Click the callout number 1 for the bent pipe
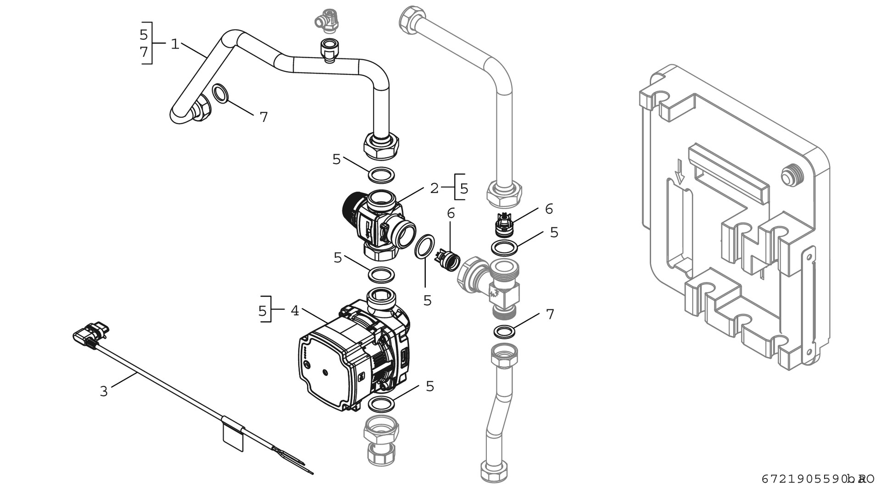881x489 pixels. [x=174, y=44]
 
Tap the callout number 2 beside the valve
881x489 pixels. [x=434, y=188]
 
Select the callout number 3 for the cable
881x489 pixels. [x=104, y=391]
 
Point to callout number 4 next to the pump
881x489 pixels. [x=295, y=311]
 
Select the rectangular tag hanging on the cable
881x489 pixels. [x=233, y=438]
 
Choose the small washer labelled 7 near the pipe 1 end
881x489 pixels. [x=221, y=93]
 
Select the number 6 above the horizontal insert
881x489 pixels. [x=451, y=213]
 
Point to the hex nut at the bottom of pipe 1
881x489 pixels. [x=381, y=146]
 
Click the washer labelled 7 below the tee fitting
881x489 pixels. [x=504, y=331]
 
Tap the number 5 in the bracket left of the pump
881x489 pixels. [x=262, y=311]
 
